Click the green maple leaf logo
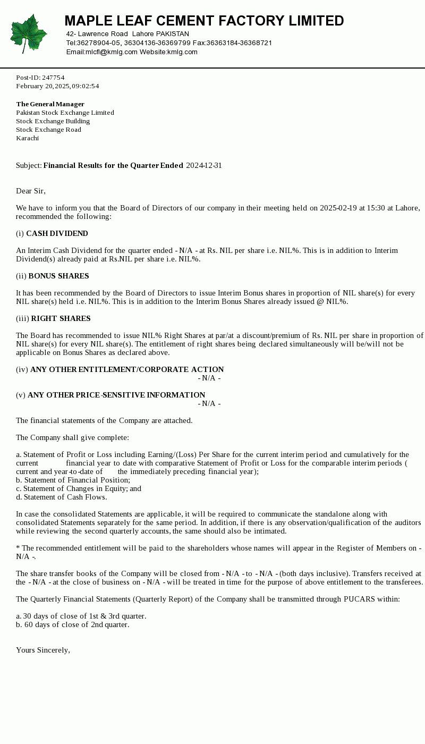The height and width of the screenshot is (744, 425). (x=29, y=33)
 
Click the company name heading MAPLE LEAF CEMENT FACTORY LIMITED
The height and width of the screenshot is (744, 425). (x=204, y=21)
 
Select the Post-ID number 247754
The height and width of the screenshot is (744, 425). (x=53, y=78)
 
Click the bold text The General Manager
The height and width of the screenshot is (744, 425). (x=50, y=104)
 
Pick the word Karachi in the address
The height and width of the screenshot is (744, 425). (x=28, y=138)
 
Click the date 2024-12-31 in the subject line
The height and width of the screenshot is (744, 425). (x=204, y=166)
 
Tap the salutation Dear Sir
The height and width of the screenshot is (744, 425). (x=31, y=191)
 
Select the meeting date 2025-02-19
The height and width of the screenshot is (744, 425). (x=338, y=208)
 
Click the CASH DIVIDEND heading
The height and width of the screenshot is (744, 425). (x=57, y=234)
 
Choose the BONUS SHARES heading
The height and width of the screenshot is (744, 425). (x=58, y=276)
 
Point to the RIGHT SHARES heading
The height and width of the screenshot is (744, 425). (x=61, y=319)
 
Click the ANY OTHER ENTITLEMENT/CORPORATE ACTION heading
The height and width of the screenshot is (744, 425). (x=127, y=370)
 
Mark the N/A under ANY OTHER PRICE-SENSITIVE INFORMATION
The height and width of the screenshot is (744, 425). (x=209, y=404)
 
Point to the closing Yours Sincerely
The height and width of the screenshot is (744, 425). (x=43, y=650)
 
